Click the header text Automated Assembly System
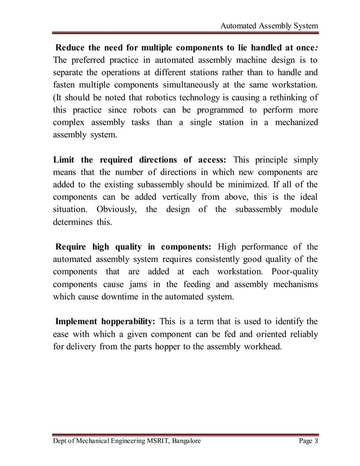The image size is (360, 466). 269,26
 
